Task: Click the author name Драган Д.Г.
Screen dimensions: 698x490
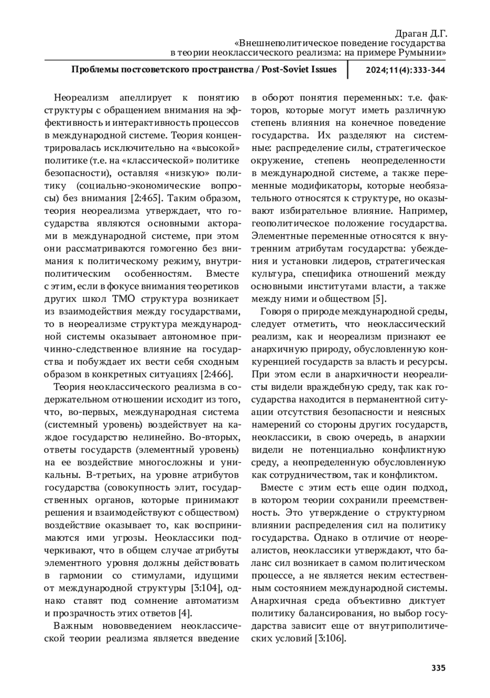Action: coord(421,33)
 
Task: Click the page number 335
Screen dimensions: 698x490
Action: coord(438,668)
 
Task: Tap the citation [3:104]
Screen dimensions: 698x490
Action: coord(206,588)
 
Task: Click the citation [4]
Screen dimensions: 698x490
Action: coord(185,613)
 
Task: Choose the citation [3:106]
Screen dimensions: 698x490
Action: coord(331,638)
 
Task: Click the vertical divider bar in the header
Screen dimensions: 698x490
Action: coord(347,69)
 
